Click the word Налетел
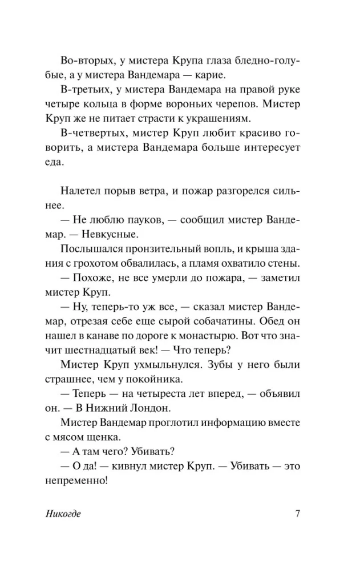point(82,191)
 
